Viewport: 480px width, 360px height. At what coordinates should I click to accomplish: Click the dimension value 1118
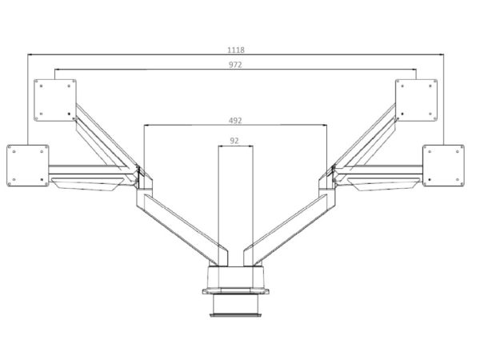(236, 50)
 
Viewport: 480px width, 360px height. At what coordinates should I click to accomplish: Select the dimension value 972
(235, 65)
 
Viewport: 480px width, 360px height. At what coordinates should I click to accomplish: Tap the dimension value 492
(235, 121)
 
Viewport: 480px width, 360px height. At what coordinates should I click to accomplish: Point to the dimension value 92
(234, 141)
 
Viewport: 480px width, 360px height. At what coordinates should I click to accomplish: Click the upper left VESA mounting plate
(55, 101)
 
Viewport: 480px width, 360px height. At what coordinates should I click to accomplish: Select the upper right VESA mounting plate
(416, 101)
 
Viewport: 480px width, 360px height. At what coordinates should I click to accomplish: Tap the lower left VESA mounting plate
(28, 166)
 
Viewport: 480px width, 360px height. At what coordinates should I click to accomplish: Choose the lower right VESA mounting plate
(443, 166)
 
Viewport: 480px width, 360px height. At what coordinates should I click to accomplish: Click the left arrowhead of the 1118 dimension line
(30, 54)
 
